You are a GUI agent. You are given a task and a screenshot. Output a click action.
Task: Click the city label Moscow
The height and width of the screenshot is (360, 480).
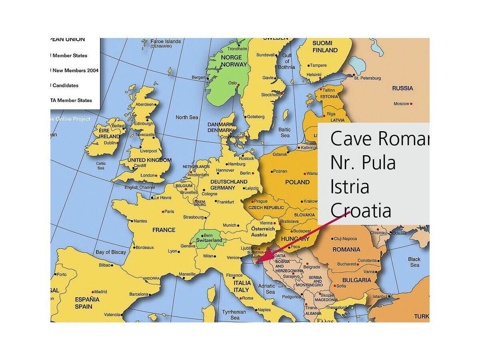401,104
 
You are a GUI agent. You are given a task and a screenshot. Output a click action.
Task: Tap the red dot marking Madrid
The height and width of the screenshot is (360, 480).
93,292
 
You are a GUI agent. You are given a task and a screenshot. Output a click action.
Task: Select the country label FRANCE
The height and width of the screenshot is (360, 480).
164,230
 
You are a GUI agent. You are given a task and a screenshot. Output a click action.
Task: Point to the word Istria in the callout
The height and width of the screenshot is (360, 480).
350,187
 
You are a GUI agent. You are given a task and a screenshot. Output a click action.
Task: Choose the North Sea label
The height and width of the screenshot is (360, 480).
187,117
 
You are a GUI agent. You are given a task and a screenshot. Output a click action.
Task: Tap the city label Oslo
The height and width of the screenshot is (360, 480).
232,83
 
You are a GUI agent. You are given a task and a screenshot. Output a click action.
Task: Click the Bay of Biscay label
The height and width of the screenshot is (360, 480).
111,252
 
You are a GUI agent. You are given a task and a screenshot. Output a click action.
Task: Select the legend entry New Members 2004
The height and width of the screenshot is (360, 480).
75,70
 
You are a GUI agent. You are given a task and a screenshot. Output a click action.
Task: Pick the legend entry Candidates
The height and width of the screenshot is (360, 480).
65,85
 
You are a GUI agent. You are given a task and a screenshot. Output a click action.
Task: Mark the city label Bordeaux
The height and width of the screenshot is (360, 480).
144,247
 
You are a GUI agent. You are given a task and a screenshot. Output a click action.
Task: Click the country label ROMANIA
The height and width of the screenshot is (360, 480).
346,249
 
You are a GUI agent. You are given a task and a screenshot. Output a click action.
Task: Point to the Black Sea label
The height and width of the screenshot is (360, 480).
414,262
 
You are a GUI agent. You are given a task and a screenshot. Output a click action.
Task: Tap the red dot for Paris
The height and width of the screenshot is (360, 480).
163,212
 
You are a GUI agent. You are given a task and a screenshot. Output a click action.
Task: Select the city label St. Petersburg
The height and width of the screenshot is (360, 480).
367,78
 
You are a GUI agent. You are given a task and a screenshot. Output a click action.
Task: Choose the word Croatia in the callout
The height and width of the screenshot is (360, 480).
360,210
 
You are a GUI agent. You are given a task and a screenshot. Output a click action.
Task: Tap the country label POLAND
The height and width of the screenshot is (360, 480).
297,182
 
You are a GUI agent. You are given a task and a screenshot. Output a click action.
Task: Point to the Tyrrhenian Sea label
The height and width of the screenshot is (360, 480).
234,315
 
